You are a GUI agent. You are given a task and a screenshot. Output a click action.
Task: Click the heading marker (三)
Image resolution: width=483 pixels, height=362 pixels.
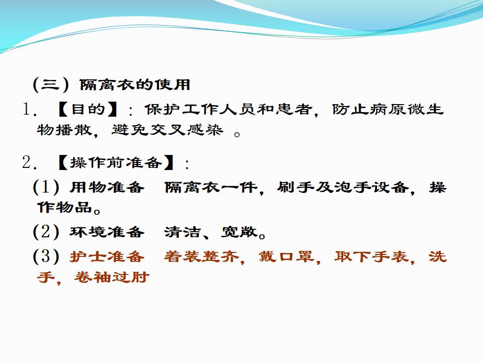coord(51,84)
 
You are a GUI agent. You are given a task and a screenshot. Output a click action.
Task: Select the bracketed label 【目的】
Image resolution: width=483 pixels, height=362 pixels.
coord(88,110)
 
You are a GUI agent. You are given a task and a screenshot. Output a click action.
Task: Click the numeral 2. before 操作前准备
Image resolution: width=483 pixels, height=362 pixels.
coord(30,162)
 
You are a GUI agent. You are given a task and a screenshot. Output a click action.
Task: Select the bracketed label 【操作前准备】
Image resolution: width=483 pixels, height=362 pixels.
coord(116,162)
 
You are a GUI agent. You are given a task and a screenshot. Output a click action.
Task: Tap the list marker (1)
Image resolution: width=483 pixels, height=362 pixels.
coord(46,187)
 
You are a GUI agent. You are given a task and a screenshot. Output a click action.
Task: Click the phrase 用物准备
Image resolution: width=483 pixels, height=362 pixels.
coord(107,187)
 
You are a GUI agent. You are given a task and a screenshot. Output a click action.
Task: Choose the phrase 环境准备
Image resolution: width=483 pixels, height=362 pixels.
coord(107,232)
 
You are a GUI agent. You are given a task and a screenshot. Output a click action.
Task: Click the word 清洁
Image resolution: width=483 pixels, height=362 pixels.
coord(182,232)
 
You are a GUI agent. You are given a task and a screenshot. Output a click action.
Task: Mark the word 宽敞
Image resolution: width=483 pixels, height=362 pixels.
coord(239,232)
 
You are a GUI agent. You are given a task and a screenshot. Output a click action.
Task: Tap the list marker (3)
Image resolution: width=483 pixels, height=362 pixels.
coord(46,256)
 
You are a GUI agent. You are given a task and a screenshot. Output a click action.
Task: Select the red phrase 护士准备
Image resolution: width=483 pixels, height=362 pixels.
coord(107,256)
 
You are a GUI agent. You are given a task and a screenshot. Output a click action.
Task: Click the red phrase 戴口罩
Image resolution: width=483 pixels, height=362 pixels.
coord(286,256)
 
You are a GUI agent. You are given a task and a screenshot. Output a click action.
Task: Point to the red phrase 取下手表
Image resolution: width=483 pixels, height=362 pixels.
coord(371,256)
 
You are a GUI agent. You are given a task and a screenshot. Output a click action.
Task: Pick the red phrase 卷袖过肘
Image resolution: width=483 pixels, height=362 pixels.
coord(112,277)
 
